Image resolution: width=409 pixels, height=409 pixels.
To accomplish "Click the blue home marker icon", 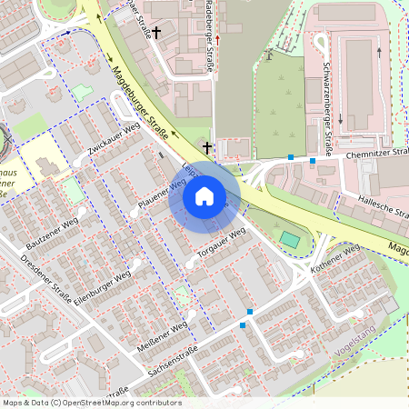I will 204,196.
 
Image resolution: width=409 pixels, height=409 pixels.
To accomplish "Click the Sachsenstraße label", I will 172,366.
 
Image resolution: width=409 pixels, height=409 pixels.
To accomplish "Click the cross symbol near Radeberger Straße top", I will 156,33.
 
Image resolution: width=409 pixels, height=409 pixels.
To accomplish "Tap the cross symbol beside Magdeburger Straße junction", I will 207,146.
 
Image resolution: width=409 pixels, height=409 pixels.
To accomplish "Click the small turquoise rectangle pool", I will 290,239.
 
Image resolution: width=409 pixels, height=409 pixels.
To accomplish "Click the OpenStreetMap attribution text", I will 92,403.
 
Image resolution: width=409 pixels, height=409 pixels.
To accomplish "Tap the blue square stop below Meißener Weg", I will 243,324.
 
